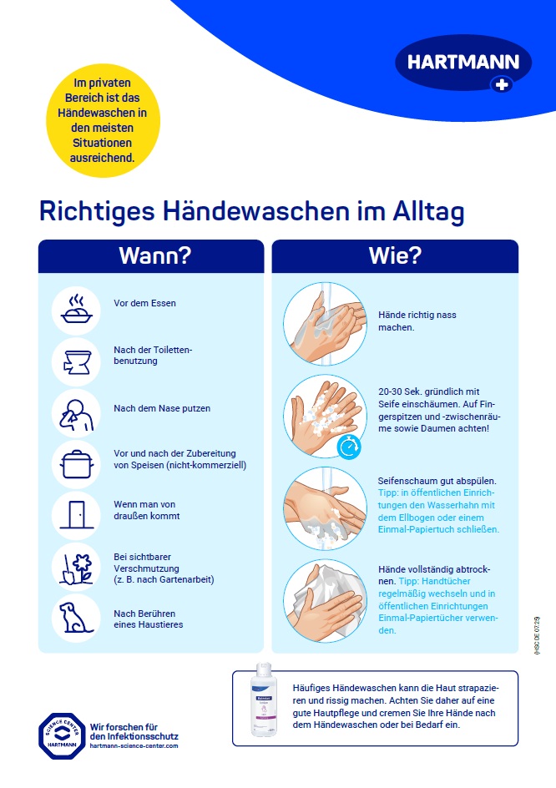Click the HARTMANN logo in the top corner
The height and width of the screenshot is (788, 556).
462,64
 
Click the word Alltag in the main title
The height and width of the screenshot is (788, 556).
428,211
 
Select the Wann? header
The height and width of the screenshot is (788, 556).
151,255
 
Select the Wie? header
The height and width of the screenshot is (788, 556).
395,255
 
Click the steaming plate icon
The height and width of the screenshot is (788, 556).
76,311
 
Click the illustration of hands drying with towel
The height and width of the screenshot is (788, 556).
324,599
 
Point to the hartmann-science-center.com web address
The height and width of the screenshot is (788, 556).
134,746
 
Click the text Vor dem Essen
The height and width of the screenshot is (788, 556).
144,303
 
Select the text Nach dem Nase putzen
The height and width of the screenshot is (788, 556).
161,408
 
